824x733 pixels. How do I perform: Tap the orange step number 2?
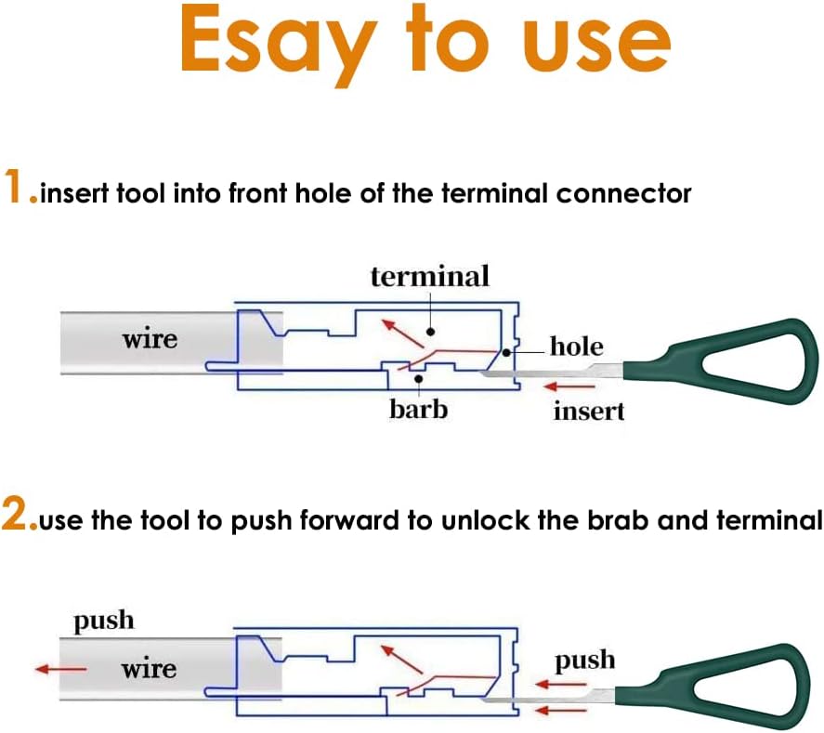tap(17, 517)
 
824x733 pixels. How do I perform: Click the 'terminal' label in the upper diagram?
tap(429, 276)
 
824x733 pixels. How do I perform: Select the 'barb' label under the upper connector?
tap(418, 408)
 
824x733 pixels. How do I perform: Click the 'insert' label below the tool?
tap(589, 410)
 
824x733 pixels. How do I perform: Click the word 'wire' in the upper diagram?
tap(150, 339)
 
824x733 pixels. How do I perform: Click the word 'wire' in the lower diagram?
tap(149, 668)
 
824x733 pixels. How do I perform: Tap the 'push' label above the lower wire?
tap(104, 621)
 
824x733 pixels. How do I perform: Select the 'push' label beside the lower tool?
tap(584, 661)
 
